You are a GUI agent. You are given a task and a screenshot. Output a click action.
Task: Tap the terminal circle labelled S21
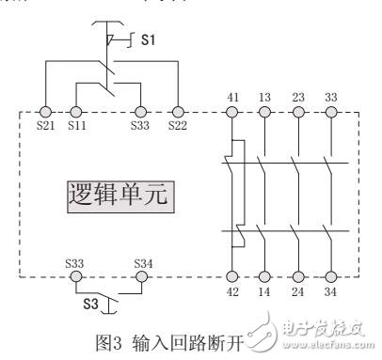[44, 113]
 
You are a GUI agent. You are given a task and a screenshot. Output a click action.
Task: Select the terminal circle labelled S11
[75, 113]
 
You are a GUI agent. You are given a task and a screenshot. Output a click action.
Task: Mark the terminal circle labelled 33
[329, 113]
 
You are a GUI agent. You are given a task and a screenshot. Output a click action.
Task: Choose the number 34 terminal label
[329, 293]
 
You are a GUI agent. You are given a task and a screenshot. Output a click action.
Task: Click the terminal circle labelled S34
[141, 277]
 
